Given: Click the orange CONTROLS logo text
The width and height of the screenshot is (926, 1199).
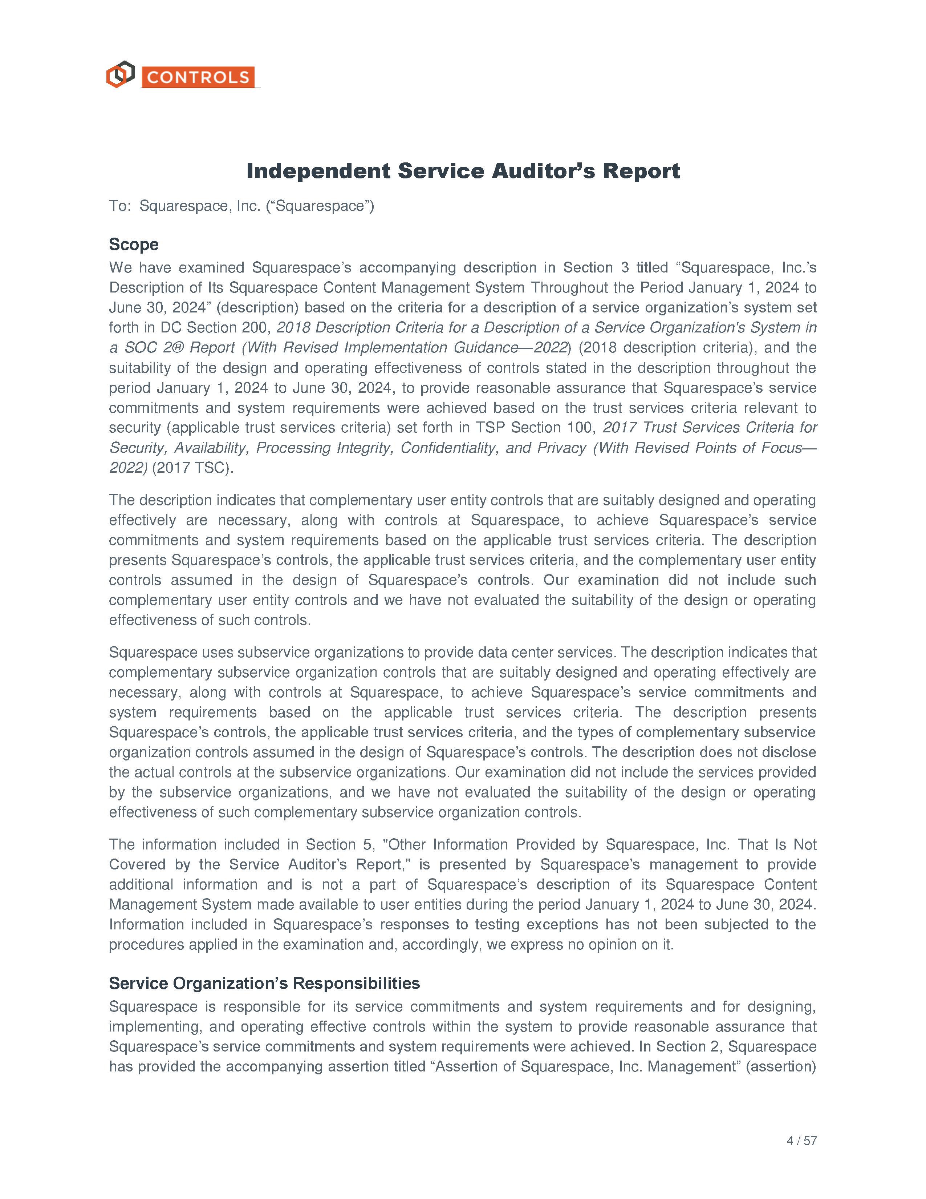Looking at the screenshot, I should pyautogui.click(x=198, y=77).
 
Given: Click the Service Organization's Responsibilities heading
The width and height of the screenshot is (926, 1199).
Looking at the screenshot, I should pyautogui.click(x=264, y=983).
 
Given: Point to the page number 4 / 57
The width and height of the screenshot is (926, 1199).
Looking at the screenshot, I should pyautogui.click(x=801, y=1141).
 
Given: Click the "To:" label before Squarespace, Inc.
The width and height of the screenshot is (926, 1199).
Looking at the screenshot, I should pyautogui.click(x=120, y=206).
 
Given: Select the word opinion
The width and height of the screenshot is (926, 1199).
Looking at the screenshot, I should pyautogui.click(x=617, y=945).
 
